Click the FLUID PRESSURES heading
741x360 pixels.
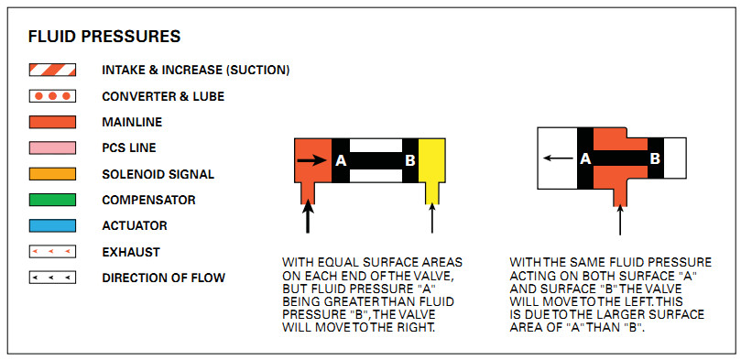click(104, 37)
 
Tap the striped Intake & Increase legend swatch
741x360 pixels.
click(52, 70)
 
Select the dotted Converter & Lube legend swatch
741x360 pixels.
click(52, 96)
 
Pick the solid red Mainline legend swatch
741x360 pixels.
click(52, 122)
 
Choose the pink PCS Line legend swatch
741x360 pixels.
click(52, 147)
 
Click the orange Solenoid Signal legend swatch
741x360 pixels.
click(52, 174)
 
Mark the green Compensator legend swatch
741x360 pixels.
click(52, 200)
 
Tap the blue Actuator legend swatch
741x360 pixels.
click(52, 226)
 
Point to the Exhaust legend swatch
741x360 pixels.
click(52, 252)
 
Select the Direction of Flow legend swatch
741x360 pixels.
click(52, 278)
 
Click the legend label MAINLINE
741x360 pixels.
click(132, 123)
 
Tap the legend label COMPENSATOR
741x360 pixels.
click(149, 201)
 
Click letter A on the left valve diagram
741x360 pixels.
click(341, 161)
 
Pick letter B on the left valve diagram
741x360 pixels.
click(410, 161)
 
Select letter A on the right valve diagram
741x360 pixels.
click(585, 158)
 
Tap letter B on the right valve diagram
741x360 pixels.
click(655, 158)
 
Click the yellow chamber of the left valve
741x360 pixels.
click(432, 167)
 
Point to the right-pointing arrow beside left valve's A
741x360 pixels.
click(312, 161)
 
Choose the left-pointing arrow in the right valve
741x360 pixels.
click(558, 158)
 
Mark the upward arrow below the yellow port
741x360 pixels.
click(432, 218)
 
